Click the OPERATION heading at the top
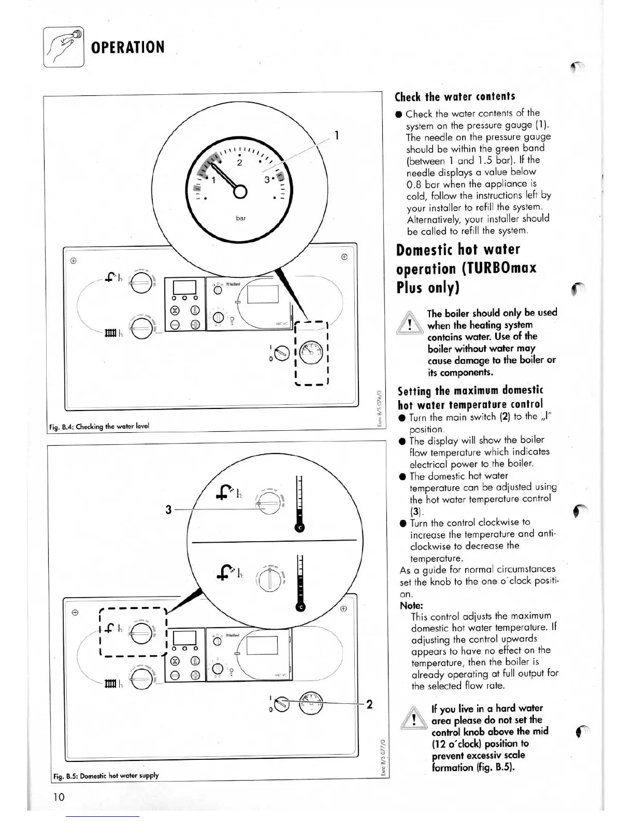click(127, 48)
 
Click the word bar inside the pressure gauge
click(241, 218)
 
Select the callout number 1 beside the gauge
click(337, 136)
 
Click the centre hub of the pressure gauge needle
click(240, 191)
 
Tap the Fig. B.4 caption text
click(98, 426)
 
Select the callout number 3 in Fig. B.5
click(168, 510)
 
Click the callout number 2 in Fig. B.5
click(369, 704)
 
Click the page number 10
click(59, 797)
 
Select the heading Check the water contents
click(455, 97)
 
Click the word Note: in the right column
click(411, 605)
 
